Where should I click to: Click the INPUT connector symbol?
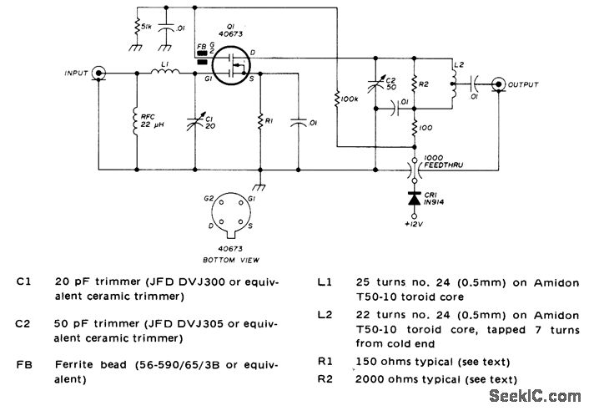[x=98, y=74]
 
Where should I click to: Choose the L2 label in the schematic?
[x=456, y=64]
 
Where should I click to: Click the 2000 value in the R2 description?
[x=370, y=378]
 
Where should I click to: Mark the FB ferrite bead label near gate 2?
[x=200, y=47]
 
